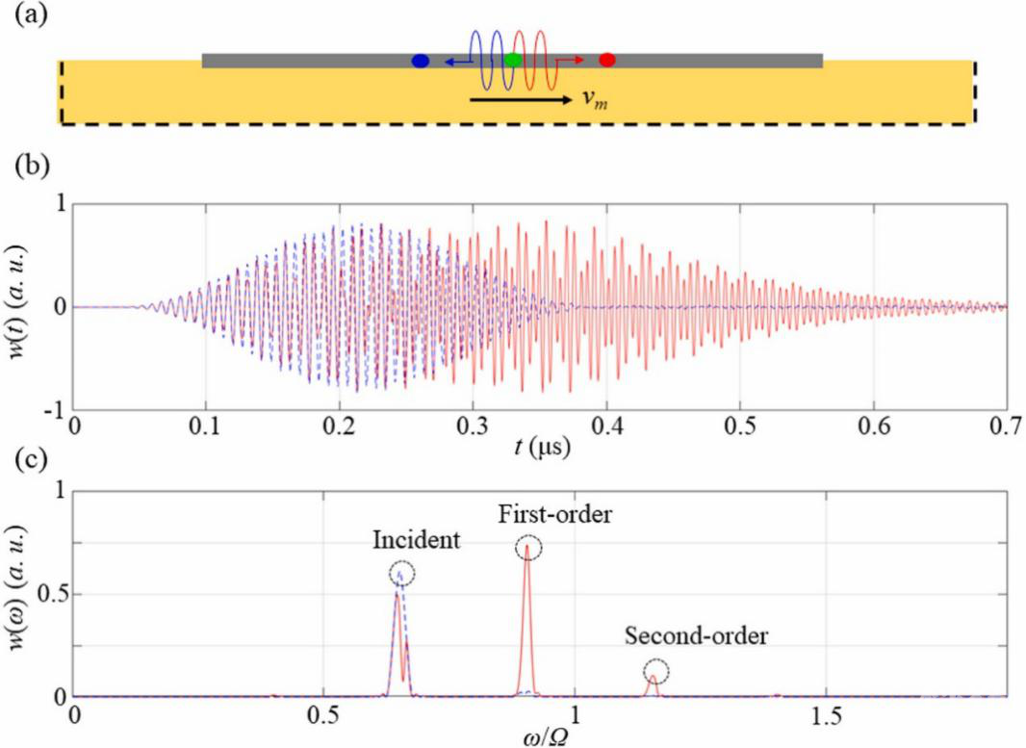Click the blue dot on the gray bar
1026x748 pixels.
click(420, 61)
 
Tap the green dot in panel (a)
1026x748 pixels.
click(513, 60)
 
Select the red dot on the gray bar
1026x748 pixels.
click(606, 60)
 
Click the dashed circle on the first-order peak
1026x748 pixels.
click(528, 548)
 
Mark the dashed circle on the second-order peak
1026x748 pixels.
click(656, 671)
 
